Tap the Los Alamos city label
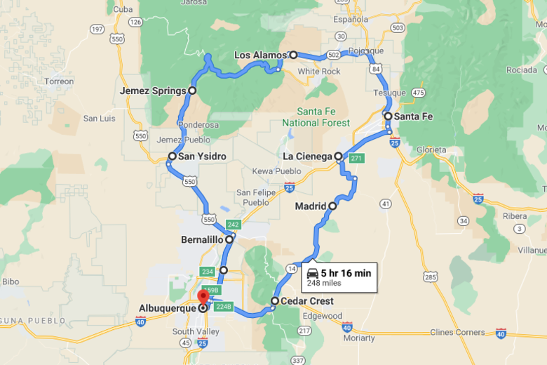(x=260, y=55)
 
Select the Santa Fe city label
(x=414, y=117)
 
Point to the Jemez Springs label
(x=153, y=91)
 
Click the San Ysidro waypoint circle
(x=172, y=157)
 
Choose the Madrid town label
(x=310, y=206)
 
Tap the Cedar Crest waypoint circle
(x=274, y=302)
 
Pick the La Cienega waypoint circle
(x=338, y=157)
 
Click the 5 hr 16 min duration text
(x=346, y=273)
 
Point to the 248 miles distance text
(x=324, y=283)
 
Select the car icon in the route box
(x=313, y=272)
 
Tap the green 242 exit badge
(x=234, y=225)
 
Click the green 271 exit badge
(x=356, y=158)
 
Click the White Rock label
(x=318, y=72)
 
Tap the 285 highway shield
(x=431, y=277)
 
